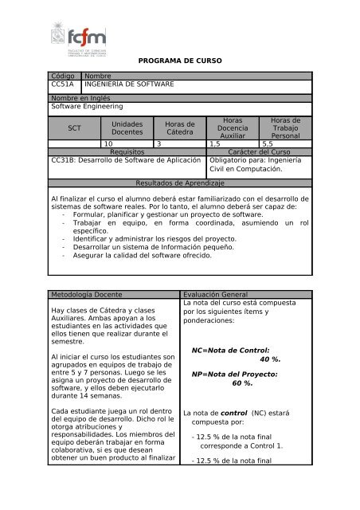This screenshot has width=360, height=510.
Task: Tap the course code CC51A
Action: pos(61,83)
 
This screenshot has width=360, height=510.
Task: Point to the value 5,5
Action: pos(267,143)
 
